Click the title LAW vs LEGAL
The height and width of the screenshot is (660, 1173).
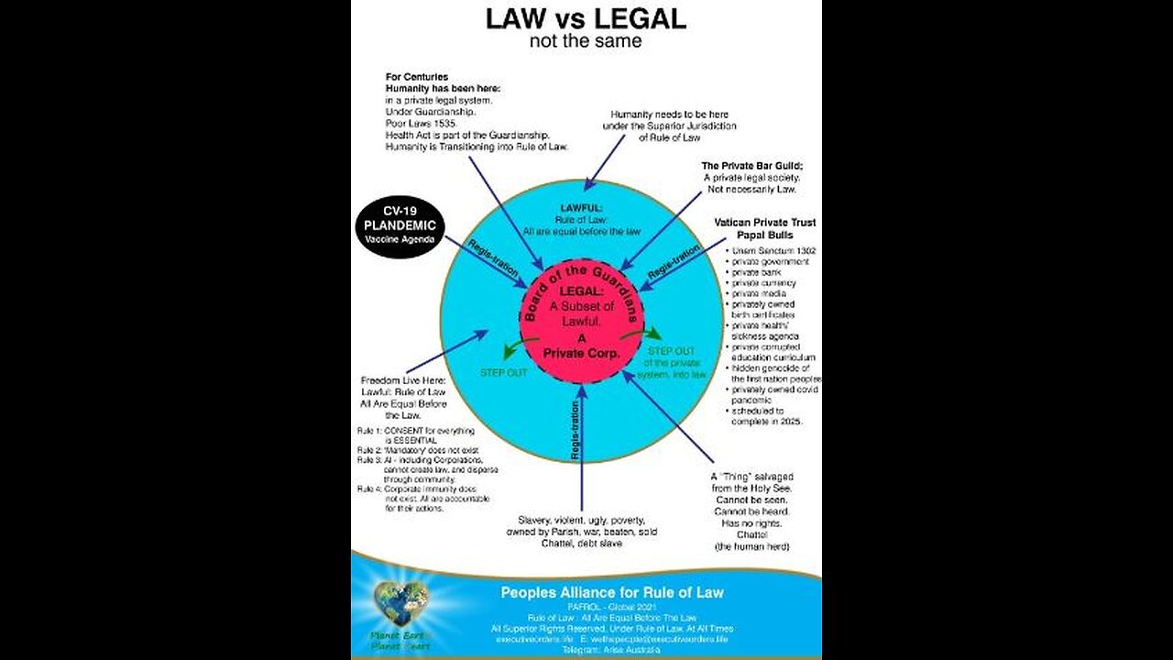[585, 18]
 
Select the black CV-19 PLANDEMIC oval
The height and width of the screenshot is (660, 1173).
[399, 226]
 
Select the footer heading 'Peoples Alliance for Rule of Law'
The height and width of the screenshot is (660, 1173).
[611, 592]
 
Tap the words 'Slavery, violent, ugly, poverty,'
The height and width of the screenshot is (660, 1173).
[581, 519]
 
